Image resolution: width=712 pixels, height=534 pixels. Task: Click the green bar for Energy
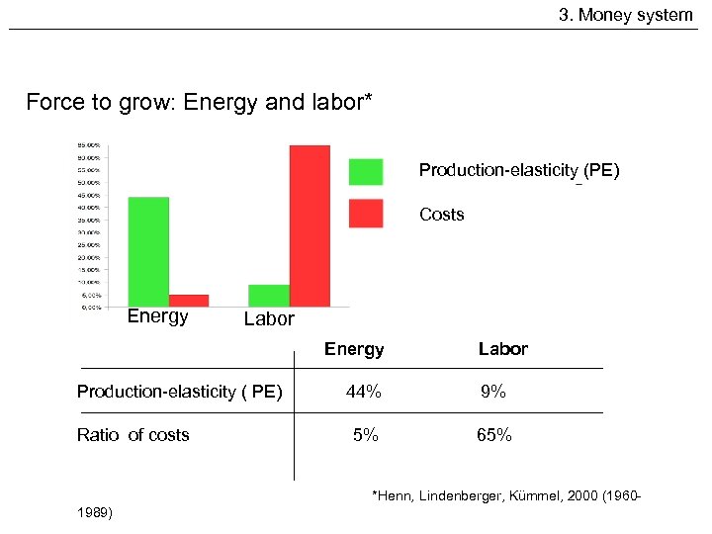[148, 251]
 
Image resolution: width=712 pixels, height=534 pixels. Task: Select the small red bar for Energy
[189, 300]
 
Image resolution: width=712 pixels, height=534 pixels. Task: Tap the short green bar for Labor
[269, 295]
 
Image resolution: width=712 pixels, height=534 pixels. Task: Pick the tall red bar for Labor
[310, 225]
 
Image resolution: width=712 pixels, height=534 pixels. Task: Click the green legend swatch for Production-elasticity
[365, 171]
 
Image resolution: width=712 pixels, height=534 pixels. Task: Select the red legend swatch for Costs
[365, 214]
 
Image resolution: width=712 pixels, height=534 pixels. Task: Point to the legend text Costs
[441, 215]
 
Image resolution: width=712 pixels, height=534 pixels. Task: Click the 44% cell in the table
[364, 392]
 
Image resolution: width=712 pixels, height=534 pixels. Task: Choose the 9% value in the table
[493, 392]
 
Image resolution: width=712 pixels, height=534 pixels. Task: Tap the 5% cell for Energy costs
[366, 435]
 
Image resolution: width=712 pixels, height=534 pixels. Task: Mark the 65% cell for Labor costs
[493, 435]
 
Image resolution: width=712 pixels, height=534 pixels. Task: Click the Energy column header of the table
[354, 349]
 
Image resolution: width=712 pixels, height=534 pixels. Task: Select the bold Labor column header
[502, 349]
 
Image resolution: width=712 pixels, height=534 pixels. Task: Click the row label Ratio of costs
[133, 435]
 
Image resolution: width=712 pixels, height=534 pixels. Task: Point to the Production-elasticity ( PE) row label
[179, 392]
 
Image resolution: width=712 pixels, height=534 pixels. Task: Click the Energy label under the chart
[157, 316]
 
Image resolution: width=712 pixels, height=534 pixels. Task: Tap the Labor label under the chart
[269, 318]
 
